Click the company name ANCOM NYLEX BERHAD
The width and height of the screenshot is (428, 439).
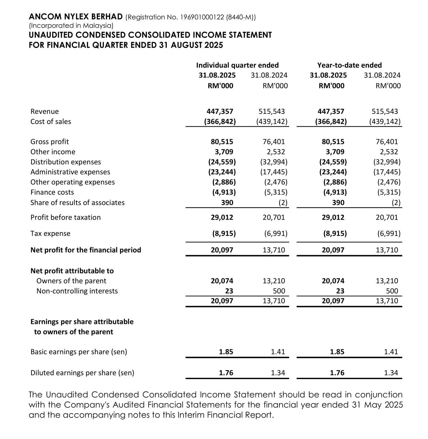point(76,17)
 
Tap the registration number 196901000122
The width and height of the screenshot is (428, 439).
point(202,17)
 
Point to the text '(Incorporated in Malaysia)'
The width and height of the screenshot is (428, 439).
point(71,26)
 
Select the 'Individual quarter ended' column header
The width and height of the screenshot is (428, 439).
point(237,65)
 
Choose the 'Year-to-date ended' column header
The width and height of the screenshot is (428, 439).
point(349,65)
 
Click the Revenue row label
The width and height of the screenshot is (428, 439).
point(45,111)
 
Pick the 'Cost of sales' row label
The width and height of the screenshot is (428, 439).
point(51,122)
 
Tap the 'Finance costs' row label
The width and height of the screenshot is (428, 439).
point(52,192)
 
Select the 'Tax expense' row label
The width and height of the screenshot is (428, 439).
point(50,233)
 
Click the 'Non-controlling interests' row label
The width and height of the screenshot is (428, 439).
point(77,291)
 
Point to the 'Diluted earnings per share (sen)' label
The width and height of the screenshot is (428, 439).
point(82,373)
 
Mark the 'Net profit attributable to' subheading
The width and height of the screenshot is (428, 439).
point(72,271)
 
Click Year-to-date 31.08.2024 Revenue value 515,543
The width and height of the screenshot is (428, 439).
point(385,111)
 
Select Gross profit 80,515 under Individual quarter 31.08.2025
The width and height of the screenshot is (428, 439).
point(222,142)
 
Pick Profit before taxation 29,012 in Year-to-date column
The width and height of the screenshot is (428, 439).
point(333,217)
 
